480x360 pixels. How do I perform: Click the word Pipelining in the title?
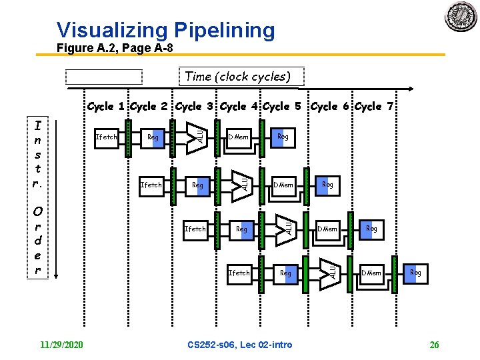[224, 30]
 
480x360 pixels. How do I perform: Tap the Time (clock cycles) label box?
[238, 77]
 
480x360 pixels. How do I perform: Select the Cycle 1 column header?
[107, 107]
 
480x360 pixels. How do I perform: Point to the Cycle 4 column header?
[241, 107]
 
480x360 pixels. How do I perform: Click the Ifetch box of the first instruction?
[107, 137]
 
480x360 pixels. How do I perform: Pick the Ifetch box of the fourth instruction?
[239, 273]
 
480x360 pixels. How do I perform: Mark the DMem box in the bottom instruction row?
[371, 273]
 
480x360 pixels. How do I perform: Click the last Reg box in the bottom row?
[415, 273]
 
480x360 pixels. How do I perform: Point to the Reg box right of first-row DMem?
[283, 137]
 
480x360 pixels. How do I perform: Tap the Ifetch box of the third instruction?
[195, 229]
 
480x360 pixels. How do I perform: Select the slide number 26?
[434, 345]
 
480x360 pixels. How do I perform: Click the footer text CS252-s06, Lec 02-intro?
[240, 345]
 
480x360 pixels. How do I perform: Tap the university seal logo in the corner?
[461, 15]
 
